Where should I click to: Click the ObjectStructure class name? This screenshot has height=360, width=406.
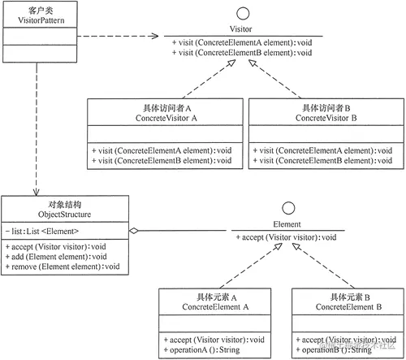point(35,215)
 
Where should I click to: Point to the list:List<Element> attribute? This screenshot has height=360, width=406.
point(41,231)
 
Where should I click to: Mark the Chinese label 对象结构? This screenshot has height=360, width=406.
point(35,204)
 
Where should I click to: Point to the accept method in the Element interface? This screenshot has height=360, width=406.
point(286,236)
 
